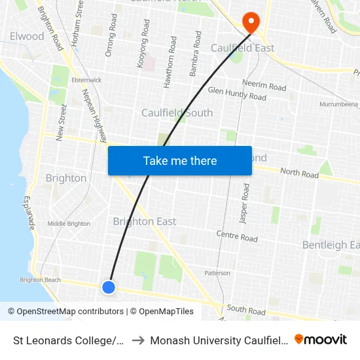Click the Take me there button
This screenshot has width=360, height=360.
pos(180,160)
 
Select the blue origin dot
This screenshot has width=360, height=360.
pos(109,287)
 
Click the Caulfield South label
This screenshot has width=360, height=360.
pos(177,113)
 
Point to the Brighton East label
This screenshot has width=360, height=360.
pos(144,221)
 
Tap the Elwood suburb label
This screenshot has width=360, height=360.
pos(27,36)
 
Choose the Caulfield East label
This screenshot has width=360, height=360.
pos(242,48)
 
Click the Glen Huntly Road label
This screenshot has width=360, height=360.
pos(237,94)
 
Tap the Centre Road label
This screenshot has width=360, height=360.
pos(237,236)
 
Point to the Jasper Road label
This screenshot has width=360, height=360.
pos(245,204)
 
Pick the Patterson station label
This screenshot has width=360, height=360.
pos(217,273)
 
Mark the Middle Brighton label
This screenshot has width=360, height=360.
pos(69,224)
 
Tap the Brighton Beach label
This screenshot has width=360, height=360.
pos(41,279)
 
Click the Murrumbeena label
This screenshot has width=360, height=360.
pos(338,104)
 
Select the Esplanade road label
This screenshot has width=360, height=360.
pos(29,213)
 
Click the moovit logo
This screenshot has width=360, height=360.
pos(321,339)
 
